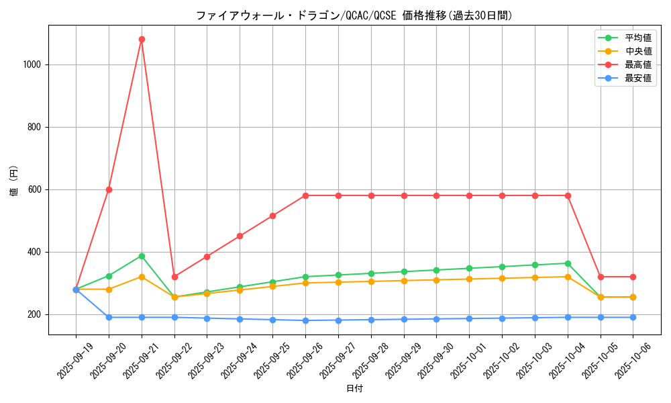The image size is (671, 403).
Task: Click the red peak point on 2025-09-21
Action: coord(142,39)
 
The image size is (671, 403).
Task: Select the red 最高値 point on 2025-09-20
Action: coord(109,189)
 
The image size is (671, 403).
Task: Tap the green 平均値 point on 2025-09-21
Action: coord(142,256)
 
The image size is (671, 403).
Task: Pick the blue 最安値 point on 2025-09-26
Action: coord(305,320)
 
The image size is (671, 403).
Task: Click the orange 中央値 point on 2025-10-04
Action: coord(568,277)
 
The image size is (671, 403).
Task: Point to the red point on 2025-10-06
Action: coord(633,277)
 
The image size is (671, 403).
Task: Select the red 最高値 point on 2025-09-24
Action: coord(240,236)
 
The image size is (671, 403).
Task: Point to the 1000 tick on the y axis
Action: coord(32,64)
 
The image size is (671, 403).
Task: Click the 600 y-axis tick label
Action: coord(34,189)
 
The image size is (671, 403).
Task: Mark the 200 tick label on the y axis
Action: coord(34,314)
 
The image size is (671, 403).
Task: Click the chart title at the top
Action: coord(354,15)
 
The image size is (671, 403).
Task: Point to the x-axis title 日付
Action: coord(354,389)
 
